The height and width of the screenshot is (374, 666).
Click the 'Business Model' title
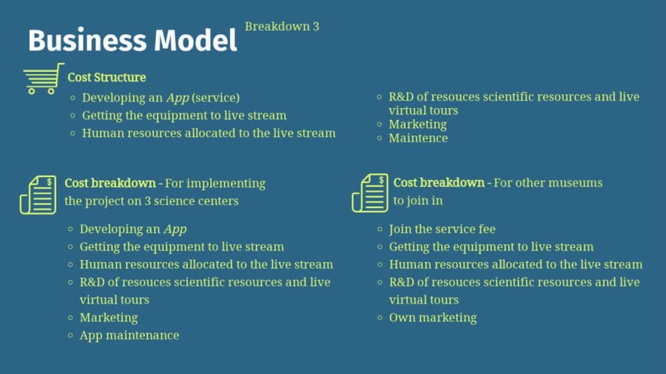click(x=132, y=41)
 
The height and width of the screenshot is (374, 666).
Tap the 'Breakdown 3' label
click(x=282, y=27)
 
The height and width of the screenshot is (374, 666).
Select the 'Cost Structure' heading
click(x=107, y=77)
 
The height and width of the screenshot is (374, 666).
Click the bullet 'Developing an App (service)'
click(x=161, y=98)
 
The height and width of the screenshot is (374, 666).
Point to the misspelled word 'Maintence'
click(x=418, y=138)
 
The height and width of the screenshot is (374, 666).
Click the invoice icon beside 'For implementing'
click(x=38, y=195)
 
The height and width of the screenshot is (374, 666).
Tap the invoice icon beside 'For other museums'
click(x=370, y=193)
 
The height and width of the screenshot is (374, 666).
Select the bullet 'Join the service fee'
click(x=443, y=229)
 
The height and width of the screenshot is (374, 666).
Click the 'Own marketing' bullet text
click(x=433, y=318)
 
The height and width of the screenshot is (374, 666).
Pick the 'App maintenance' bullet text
click(x=129, y=335)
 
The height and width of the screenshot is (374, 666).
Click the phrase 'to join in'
click(x=418, y=201)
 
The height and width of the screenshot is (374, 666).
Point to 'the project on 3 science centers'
click(x=152, y=201)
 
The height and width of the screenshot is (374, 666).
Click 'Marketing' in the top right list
click(x=417, y=124)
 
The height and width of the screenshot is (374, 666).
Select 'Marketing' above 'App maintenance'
click(x=109, y=318)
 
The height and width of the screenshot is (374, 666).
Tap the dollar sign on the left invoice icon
click(x=50, y=182)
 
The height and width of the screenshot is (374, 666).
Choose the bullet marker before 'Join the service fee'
click(x=380, y=229)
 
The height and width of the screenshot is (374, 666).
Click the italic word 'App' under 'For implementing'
click(x=175, y=230)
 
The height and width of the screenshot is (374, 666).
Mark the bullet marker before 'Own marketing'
click(x=380, y=318)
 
